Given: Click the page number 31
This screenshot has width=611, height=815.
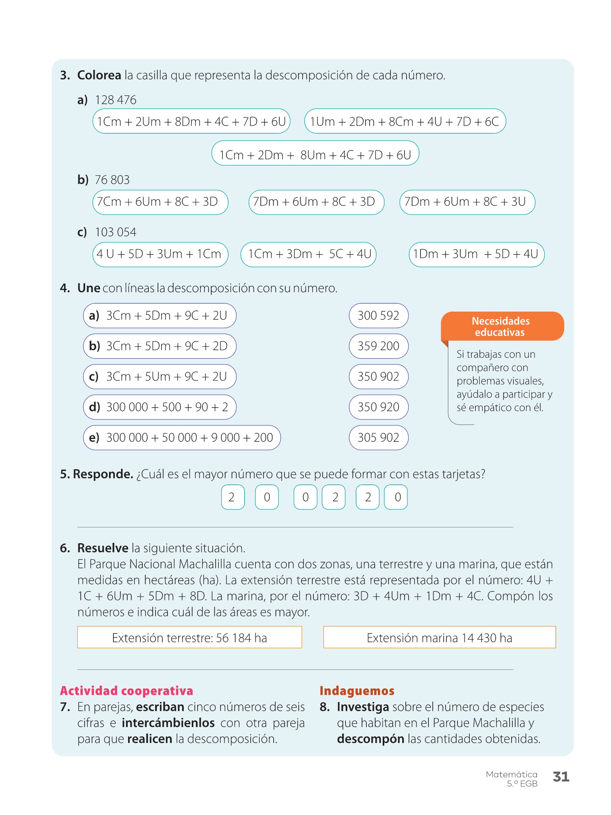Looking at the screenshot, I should tap(561, 776).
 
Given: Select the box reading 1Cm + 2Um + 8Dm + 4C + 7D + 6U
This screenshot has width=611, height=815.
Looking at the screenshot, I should tap(191, 121).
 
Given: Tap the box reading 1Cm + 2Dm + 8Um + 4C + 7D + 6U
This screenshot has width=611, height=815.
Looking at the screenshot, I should tap(315, 155).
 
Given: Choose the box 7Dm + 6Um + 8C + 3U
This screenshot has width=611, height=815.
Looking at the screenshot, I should tap(467, 202).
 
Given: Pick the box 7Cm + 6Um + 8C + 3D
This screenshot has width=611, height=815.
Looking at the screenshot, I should tap(160, 202).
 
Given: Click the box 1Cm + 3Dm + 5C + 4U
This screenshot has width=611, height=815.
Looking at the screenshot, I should tap(308, 254).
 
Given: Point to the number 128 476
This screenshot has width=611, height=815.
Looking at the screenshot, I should tap(115, 100).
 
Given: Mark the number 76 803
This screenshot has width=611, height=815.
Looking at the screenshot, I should tap(112, 180).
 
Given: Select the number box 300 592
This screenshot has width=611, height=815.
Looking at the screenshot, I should tap(378, 316).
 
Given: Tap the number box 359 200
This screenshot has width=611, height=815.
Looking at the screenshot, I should tap(378, 346).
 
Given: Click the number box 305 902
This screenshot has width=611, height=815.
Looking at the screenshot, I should tap(378, 437).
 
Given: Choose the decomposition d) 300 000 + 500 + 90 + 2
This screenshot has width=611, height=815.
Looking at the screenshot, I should tap(160, 407).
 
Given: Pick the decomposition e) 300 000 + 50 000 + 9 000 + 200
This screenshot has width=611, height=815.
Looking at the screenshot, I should tap(182, 437).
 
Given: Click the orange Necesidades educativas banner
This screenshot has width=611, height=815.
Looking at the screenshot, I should tap(502, 326).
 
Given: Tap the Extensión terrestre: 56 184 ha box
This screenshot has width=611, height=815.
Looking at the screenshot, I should tap(189, 638).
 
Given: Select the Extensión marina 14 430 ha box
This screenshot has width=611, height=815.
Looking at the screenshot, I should tap(439, 638).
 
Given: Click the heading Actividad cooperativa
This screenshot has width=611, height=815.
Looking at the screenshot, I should tap(126, 690).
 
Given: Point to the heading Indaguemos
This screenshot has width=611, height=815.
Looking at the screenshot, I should tap(357, 690).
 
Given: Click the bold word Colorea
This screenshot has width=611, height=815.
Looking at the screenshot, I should tap(99, 75).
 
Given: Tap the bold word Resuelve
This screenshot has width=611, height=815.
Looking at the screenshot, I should tap(103, 548).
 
